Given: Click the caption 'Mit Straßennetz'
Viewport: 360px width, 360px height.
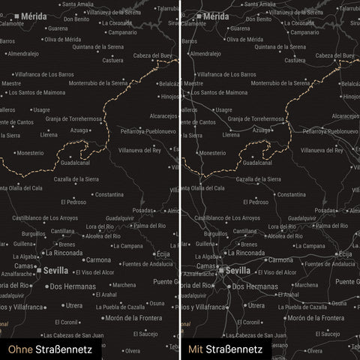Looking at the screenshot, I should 225,349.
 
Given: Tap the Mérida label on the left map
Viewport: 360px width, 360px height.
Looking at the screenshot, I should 33,15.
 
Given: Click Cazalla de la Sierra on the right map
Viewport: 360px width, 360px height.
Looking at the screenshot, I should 259,179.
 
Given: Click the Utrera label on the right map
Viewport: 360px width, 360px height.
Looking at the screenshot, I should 255,305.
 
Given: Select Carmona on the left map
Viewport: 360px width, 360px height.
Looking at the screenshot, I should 95,259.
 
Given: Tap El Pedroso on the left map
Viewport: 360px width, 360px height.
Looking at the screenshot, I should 76,202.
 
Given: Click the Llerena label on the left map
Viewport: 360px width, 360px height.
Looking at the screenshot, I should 49,135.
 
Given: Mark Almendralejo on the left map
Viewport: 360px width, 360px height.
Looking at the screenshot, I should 23,54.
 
